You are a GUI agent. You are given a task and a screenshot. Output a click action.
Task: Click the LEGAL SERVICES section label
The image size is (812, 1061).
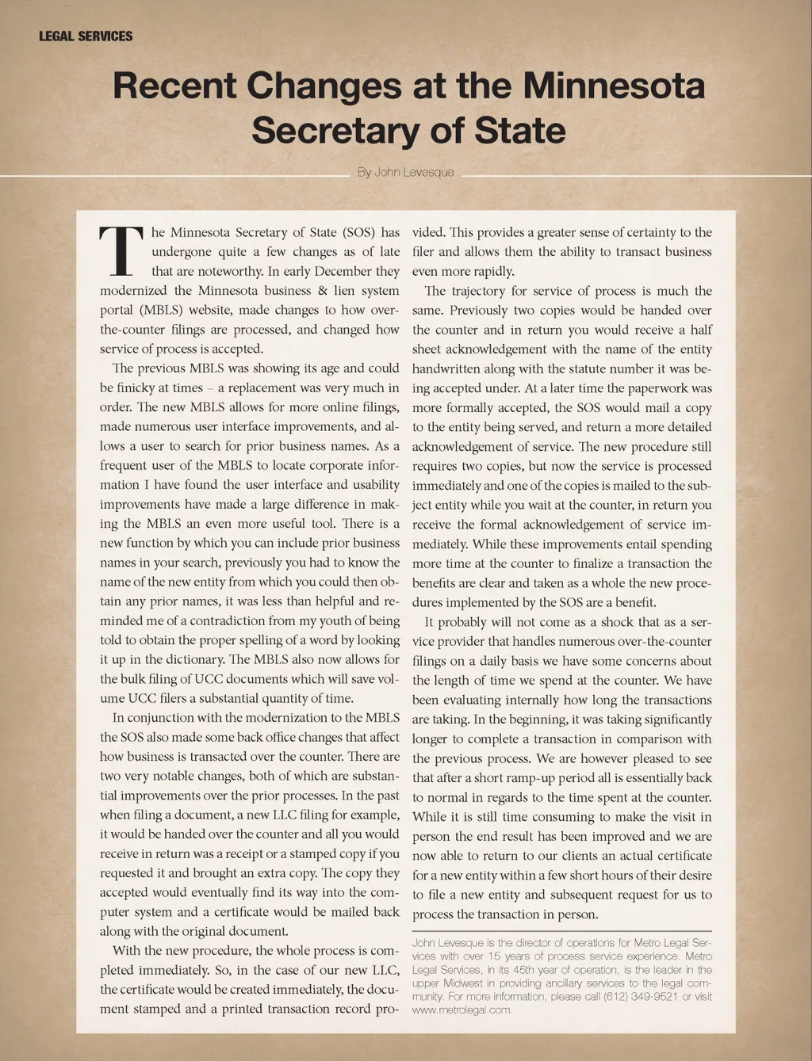tap(86, 36)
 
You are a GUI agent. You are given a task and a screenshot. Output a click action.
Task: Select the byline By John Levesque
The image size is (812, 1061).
tap(405, 172)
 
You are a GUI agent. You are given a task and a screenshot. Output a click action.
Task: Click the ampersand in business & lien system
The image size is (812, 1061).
tap(322, 291)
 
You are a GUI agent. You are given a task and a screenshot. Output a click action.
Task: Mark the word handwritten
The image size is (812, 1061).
tap(449, 368)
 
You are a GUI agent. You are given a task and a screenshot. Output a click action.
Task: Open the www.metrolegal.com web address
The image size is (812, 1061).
tap(462, 1009)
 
